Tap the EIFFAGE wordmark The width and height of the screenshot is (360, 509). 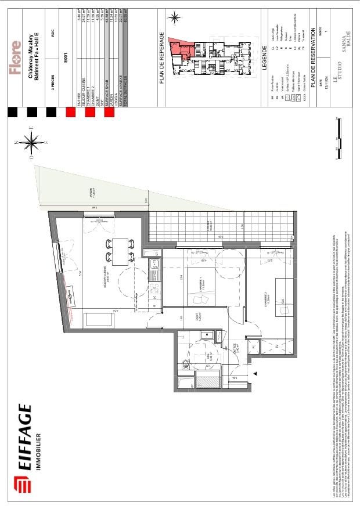click(24, 442)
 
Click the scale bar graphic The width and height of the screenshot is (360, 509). click(338, 136)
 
